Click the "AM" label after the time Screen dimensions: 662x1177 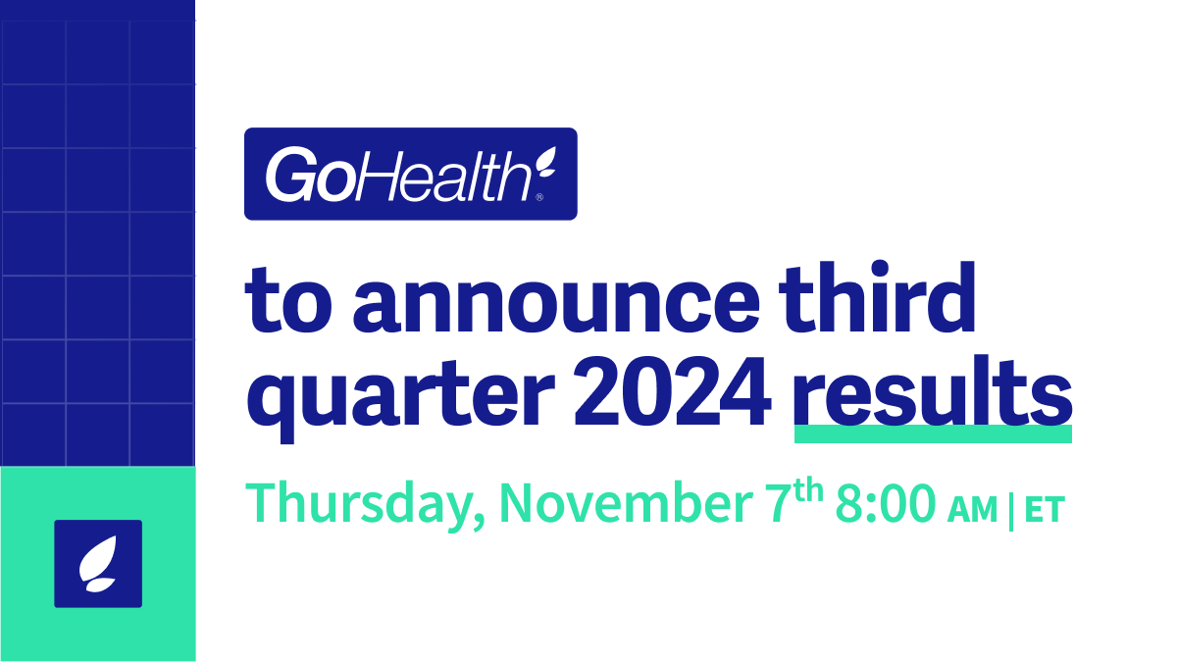[x=973, y=509]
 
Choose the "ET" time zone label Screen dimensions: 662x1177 [x=1043, y=509]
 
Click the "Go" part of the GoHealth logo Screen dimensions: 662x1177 [x=300, y=176]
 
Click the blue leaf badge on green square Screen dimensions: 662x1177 [x=98, y=564]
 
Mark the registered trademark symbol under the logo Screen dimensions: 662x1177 [x=539, y=197]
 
